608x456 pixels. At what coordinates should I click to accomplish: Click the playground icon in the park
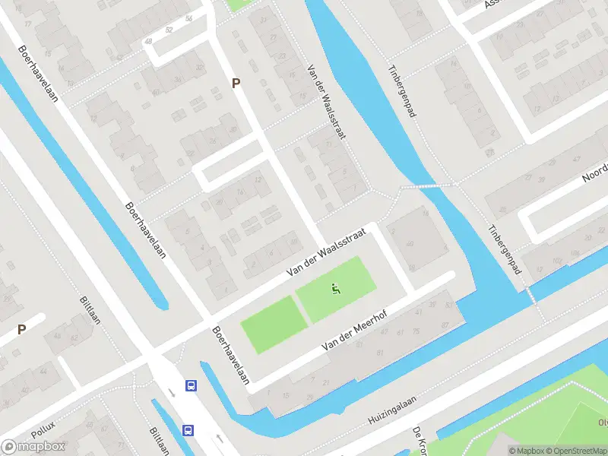[334, 288]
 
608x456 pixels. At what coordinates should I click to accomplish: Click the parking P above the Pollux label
[22, 330]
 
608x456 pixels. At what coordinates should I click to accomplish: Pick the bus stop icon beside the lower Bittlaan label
[188, 430]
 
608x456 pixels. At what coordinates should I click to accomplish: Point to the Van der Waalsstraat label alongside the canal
[327, 102]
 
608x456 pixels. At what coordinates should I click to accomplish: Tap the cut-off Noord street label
[595, 174]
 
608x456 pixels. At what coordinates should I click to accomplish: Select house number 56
[188, 18]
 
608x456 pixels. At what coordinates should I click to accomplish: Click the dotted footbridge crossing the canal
[427, 185]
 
